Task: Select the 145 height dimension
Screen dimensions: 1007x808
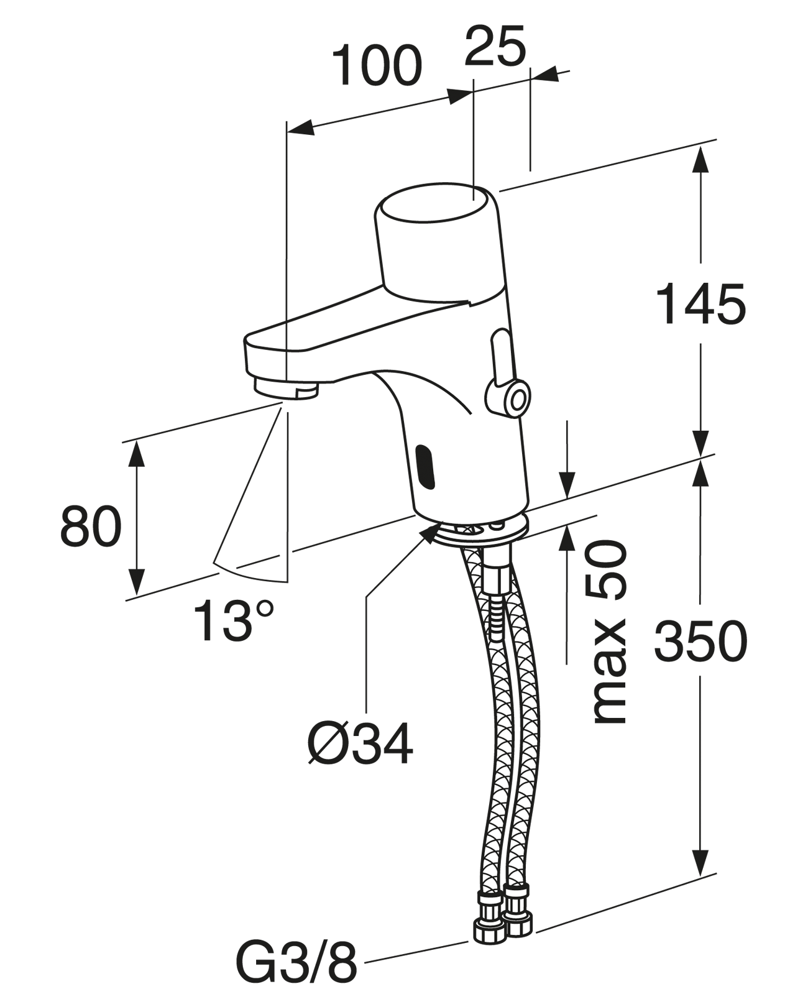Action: pyautogui.click(x=701, y=304)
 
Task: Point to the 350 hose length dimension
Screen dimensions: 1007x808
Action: pyautogui.click(x=701, y=641)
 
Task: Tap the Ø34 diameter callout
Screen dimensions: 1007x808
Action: pyautogui.click(x=360, y=744)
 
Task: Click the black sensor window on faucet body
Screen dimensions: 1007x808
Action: pyautogui.click(x=426, y=467)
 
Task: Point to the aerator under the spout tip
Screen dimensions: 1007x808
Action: pyautogui.click(x=286, y=390)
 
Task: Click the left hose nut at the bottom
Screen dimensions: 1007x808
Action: pyautogui.click(x=489, y=917)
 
